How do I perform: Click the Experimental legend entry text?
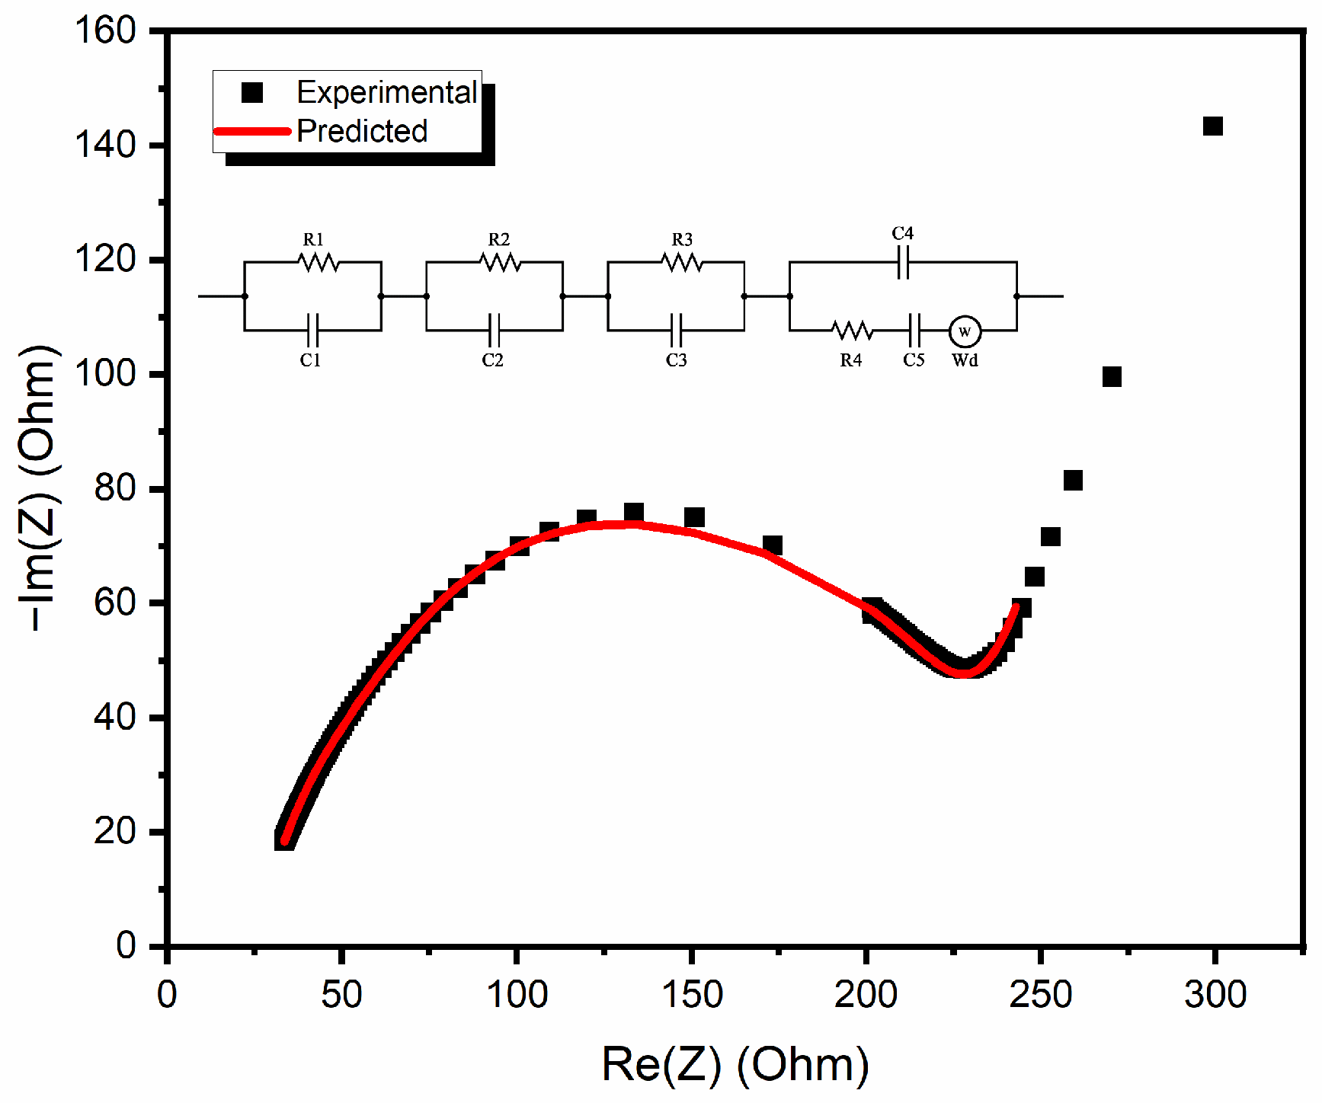click(386, 93)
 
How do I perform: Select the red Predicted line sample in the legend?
click(252, 131)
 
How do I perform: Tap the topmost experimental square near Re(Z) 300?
click(1212, 126)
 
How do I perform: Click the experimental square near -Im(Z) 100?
click(1112, 376)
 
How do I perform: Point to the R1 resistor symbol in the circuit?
click(318, 262)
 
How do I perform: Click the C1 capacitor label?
click(310, 360)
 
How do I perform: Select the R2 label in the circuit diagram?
click(498, 240)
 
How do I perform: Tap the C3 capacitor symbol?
click(677, 331)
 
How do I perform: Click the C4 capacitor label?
click(902, 233)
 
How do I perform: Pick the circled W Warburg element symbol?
click(965, 331)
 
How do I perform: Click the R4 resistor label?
click(851, 360)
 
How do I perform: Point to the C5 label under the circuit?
click(914, 360)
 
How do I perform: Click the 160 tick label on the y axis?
click(105, 31)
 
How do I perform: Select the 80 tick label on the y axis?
click(115, 488)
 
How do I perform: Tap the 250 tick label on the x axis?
click(1040, 995)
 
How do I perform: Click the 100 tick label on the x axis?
click(517, 995)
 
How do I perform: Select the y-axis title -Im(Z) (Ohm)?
click(38, 488)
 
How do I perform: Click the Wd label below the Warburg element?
click(965, 360)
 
